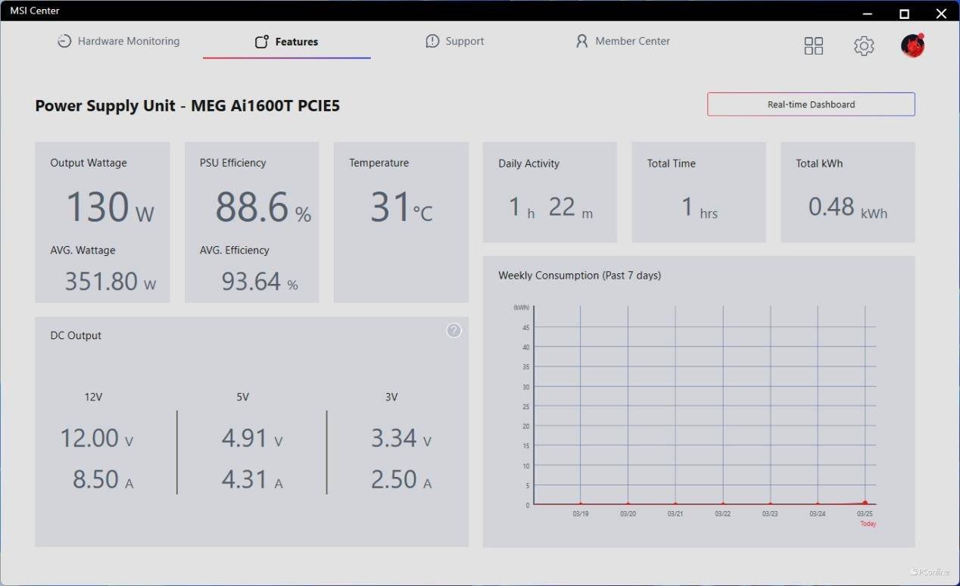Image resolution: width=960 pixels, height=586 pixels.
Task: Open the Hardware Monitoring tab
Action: [120, 42]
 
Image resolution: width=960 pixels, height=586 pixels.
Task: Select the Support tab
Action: [455, 42]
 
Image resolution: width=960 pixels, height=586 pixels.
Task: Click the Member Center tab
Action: [623, 42]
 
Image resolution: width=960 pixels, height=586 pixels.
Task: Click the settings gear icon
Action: [864, 46]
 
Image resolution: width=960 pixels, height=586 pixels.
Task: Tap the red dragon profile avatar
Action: [912, 46]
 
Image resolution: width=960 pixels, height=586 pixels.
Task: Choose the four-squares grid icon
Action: [813, 46]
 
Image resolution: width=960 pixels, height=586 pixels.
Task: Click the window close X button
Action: [941, 14]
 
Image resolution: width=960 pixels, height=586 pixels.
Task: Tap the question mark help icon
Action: [454, 330]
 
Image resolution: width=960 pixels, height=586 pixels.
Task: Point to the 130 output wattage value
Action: [98, 207]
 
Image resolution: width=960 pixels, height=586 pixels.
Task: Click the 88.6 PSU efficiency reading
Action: [252, 207]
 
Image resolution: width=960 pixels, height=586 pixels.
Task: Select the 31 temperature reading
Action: [391, 207]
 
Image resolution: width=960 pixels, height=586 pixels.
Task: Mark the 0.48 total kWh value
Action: [831, 207]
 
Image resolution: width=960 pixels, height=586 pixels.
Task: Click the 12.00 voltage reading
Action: [89, 438]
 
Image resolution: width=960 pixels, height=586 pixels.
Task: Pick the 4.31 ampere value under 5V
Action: [244, 479]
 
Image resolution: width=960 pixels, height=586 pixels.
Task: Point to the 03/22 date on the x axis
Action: [722, 514]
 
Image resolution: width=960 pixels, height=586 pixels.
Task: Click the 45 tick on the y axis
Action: [526, 328]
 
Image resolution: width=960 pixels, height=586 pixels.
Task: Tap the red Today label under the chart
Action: [868, 524]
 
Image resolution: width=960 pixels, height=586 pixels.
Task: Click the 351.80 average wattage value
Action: [101, 282]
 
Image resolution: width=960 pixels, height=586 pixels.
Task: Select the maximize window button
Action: [904, 14]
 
